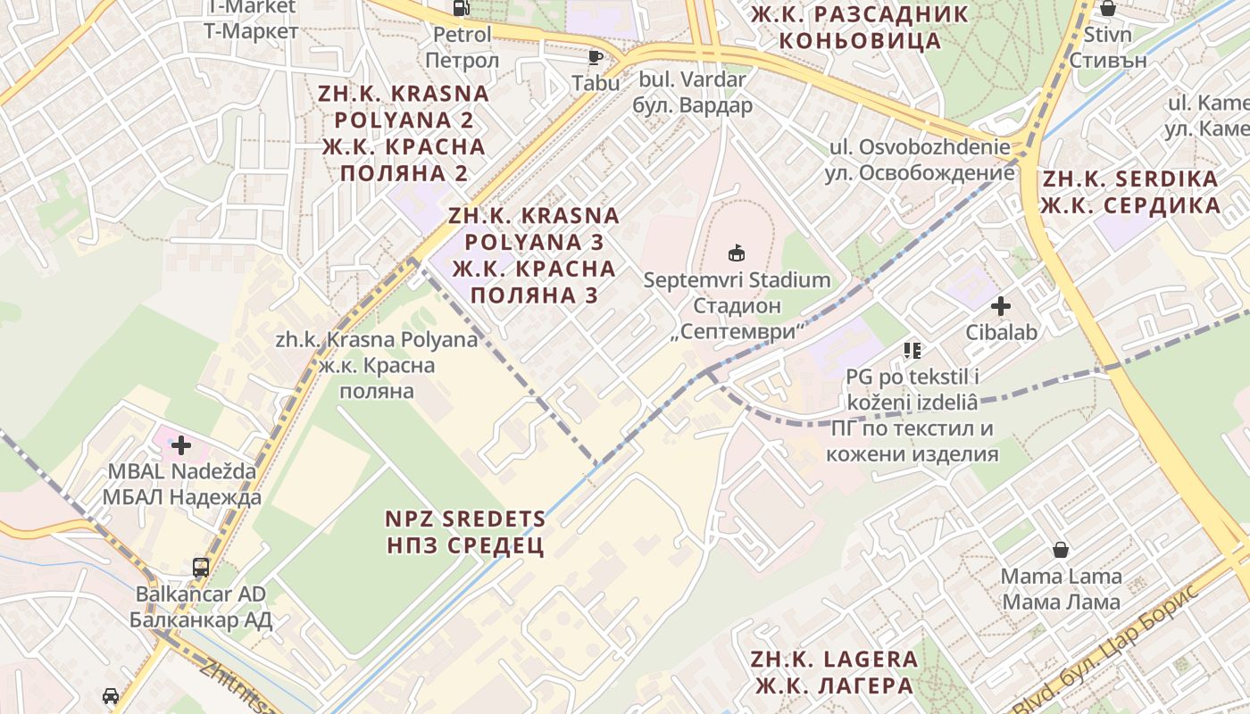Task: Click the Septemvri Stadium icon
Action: pyautogui.click(x=737, y=253)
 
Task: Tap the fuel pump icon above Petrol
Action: pyautogui.click(x=462, y=8)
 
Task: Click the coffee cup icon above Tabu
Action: pyautogui.click(x=596, y=58)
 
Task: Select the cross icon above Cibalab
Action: pyautogui.click(x=1001, y=306)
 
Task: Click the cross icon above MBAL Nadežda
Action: pyautogui.click(x=181, y=444)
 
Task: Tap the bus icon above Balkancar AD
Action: pyautogui.click(x=201, y=567)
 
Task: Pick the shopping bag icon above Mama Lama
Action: pyautogui.click(x=1061, y=549)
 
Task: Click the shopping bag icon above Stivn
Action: pyautogui.click(x=1108, y=9)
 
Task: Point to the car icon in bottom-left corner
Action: pyautogui.click(x=111, y=695)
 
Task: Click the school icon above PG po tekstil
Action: pyautogui.click(x=912, y=350)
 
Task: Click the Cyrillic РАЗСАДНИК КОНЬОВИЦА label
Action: pyautogui.click(x=860, y=27)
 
